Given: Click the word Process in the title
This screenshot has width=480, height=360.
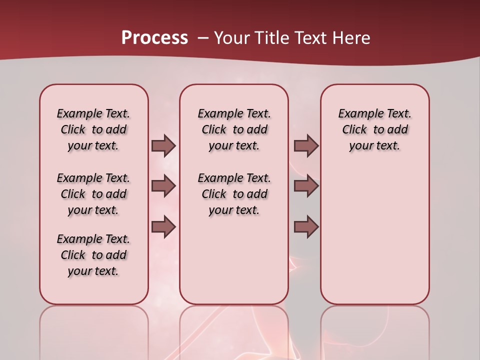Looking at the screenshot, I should [x=154, y=37].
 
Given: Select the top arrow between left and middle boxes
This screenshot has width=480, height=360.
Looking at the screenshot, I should [x=163, y=146].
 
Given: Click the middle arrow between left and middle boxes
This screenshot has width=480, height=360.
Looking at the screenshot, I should [x=163, y=186].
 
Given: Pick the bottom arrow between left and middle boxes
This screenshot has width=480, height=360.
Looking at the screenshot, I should [x=163, y=227].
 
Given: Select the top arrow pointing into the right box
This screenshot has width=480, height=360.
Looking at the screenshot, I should [x=306, y=146].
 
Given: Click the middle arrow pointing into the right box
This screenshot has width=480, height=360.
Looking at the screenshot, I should [x=306, y=186].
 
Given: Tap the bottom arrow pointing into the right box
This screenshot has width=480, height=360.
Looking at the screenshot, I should [x=306, y=227].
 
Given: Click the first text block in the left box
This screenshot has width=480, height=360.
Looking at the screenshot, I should [x=93, y=129].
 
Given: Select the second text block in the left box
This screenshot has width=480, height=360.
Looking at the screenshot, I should [x=93, y=194].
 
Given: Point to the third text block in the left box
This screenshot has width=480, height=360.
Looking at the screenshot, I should [x=93, y=255].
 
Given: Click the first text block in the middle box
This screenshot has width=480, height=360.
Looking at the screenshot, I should [x=234, y=129].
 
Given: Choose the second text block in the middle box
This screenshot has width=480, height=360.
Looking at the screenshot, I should [x=234, y=194].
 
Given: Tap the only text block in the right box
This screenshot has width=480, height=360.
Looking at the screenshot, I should [x=374, y=129].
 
